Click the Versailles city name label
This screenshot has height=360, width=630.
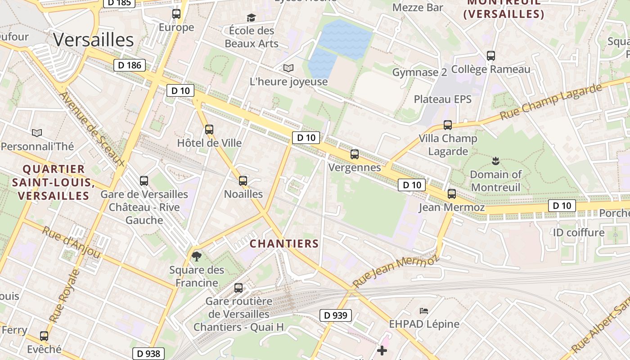tap(94, 40)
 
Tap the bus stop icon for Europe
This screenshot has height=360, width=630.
tap(176, 14)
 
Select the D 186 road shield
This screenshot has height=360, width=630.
tap(130, 65)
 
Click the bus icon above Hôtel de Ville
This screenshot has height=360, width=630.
tap(209, 130)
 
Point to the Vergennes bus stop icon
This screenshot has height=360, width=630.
tap(355, 154)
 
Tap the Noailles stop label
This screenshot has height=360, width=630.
tap(243, 194)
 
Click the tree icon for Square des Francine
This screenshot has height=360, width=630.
tap(197, 256)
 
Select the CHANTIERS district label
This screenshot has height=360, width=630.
tap(284, 244)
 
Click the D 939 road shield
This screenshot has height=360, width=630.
tap(336, 315)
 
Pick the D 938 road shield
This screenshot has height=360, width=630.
tap(148, 354)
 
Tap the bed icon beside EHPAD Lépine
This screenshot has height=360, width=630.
tap(424, 310)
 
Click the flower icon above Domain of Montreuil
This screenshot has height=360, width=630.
tap(495, 161)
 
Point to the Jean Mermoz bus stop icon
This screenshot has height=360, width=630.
tap(452, 194)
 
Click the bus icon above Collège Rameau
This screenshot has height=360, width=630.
tap(491, 56)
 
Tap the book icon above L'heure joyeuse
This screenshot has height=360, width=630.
tap(288, 68)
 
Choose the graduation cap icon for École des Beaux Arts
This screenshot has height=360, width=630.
tap(251, 18)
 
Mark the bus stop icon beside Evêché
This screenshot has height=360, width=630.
tap(44, 336)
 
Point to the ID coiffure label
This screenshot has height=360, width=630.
tap(579, 233)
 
